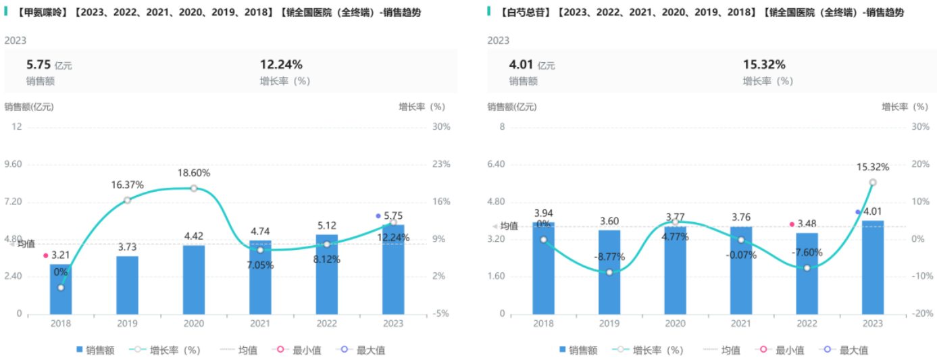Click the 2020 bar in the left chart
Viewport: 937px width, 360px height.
click(193, 279)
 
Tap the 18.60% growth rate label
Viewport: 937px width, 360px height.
click(193, 173)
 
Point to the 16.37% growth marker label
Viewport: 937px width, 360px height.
click(128, 184)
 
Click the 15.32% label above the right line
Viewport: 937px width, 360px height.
click(872, 167)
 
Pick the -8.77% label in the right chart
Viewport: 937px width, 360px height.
click(609, 257)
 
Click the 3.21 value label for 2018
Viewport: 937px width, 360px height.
click(61, 255)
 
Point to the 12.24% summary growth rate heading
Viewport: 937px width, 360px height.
click(281, 65)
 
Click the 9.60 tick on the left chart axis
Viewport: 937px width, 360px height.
click(14, 164)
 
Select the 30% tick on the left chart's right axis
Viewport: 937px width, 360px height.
click(441, 127)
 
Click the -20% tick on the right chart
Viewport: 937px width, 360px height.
click(920, 314)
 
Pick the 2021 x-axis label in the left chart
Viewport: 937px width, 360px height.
click(260, 324)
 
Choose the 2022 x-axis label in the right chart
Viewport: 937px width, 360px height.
click(806, 324)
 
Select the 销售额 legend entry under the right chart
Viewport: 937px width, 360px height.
click(578, 350)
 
